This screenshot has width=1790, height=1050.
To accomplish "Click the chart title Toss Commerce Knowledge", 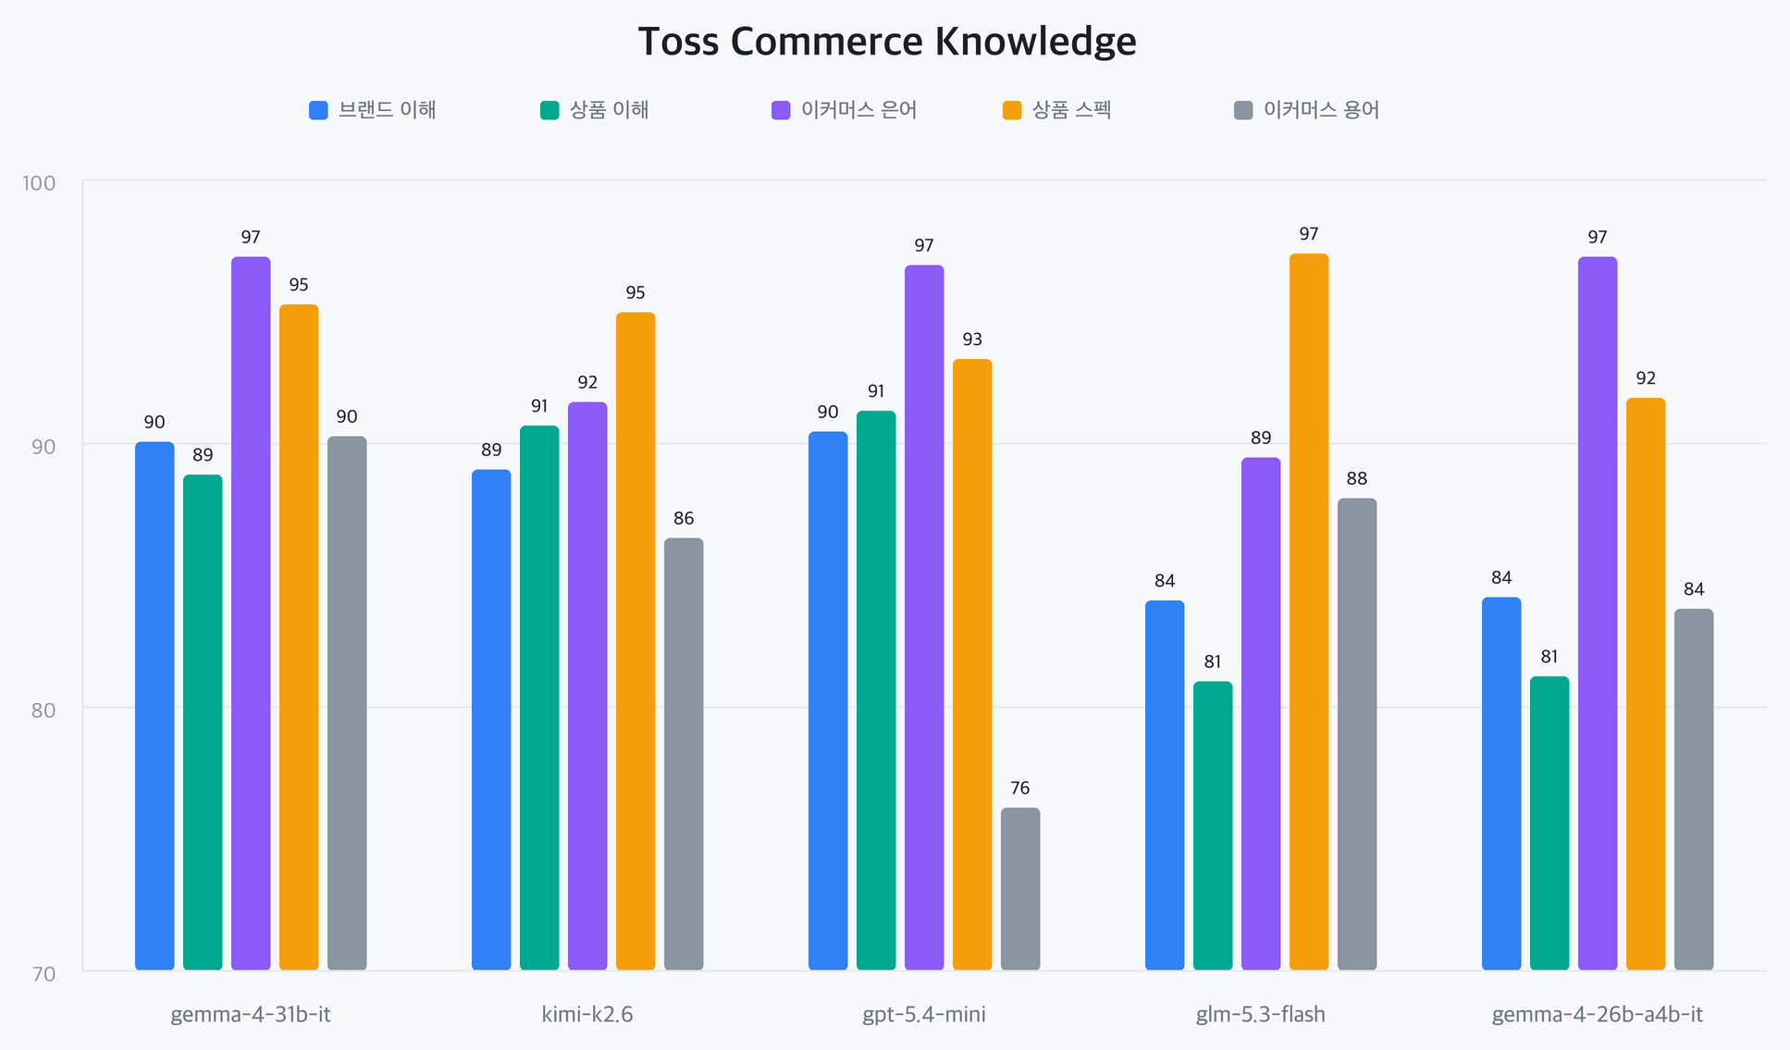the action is pos(887,42).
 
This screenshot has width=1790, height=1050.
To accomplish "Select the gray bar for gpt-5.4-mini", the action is pos(1020,889).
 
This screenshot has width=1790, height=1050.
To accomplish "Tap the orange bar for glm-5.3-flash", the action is pos(1309,611).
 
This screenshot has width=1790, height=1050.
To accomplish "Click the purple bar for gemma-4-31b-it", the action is pos(251,613).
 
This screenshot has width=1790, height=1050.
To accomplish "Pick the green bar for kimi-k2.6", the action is pos(539,698).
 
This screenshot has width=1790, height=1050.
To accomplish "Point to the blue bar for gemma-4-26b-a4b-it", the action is pos(1501,784).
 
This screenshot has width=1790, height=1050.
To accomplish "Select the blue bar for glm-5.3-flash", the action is pos(1165,785).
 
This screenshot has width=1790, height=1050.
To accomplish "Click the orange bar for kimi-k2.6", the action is pos(636,641).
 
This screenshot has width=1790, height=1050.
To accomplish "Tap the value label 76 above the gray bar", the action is pos(1020,788).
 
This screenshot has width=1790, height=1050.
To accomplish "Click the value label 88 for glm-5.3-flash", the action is pos(1357,478).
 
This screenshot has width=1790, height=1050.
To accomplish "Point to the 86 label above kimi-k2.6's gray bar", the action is pos(684,518).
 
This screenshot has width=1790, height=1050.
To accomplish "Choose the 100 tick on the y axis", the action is pos(39,182).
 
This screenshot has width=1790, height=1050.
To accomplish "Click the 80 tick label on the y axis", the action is pos(43,710).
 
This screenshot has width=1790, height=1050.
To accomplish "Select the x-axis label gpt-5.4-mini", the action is pos(924,1015).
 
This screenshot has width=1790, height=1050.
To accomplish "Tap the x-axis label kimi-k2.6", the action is pos(587,1015).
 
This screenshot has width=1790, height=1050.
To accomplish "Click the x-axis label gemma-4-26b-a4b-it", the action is pos(1598,1015).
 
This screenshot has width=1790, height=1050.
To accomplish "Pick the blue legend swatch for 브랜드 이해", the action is pos(318,110).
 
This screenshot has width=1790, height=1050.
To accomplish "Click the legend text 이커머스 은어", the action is pos(859,110).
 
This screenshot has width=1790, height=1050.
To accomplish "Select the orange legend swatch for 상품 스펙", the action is pos(1012,110).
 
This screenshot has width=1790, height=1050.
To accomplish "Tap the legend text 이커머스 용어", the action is pos(1322,110).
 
